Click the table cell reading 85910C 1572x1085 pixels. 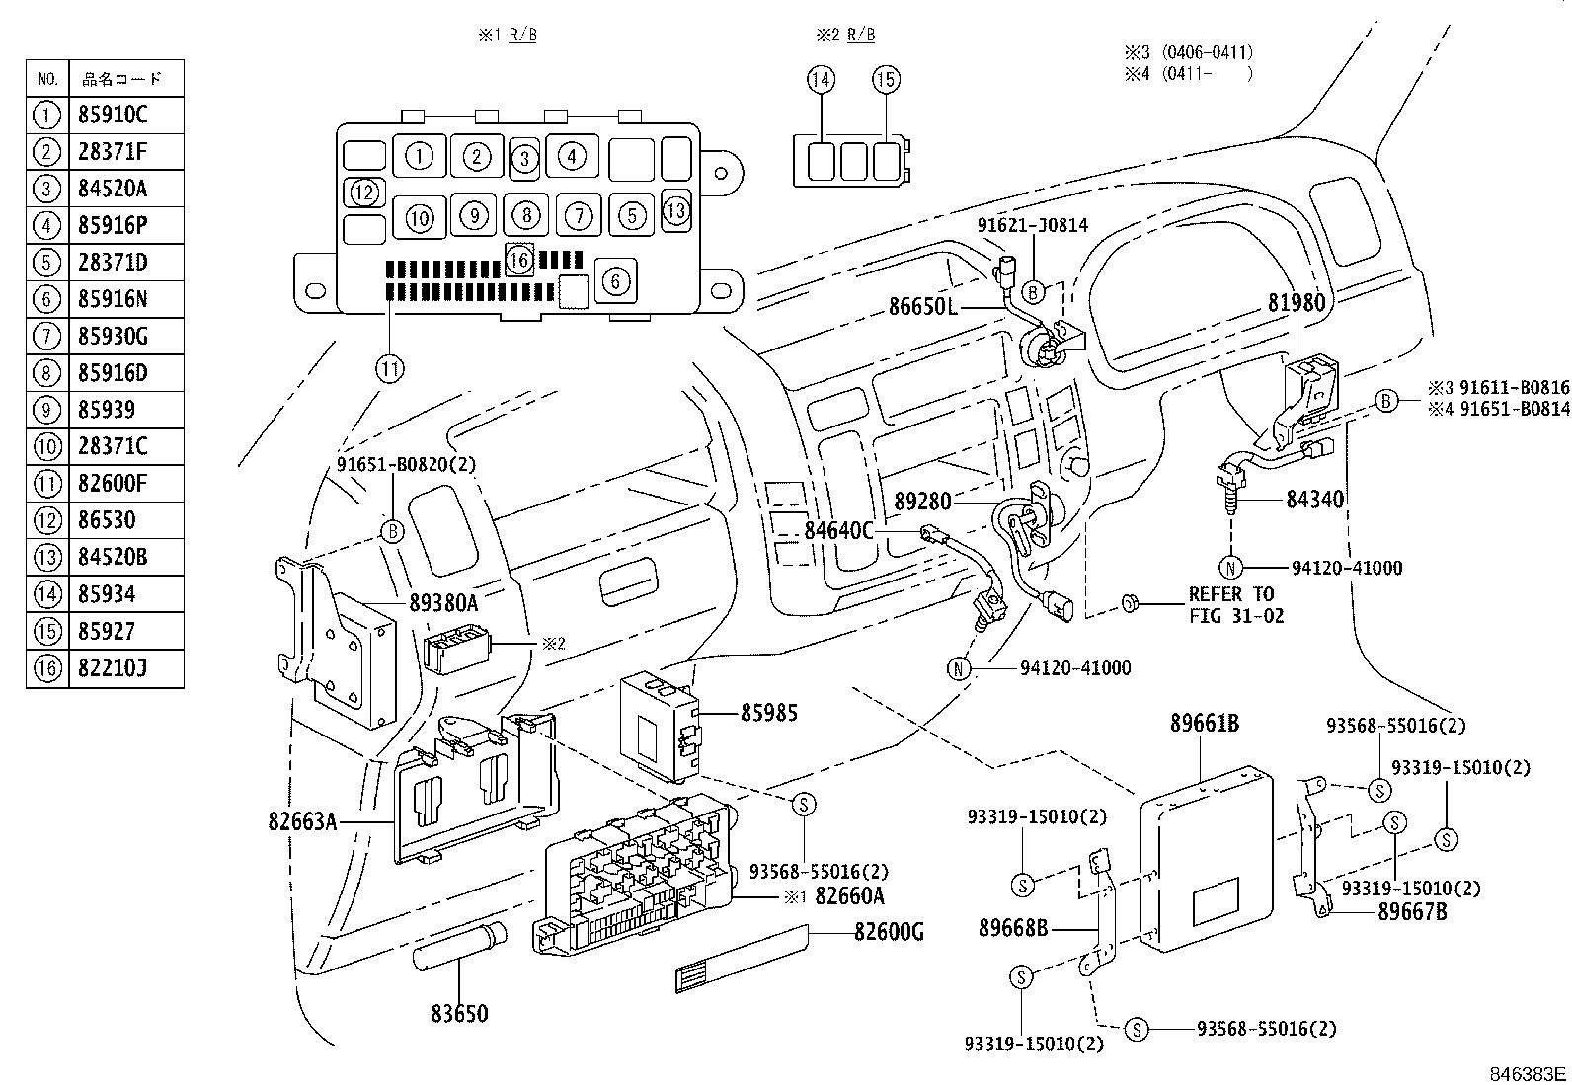[x=113, y=116]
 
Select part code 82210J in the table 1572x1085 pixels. [x=113, y=669]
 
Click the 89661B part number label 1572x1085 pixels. [x=1204, y=724]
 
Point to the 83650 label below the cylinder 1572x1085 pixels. [x=458, y=1014]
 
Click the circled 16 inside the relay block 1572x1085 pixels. [x=519, y=260]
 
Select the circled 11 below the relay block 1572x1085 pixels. [x=390, y=369]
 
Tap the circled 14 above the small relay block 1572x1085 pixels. [x=821, y=79]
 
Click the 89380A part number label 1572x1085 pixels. [x=442, y=602]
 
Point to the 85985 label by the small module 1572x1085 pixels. [x=769, y=712]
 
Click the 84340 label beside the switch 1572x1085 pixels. [x=1314, y=501]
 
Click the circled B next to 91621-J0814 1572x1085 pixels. [x=1032, y=291]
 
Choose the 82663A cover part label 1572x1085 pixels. [x=302, y=820]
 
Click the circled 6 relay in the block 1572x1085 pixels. [x=615, y=281]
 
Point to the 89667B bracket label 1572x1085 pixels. [x=1412, y=912]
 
